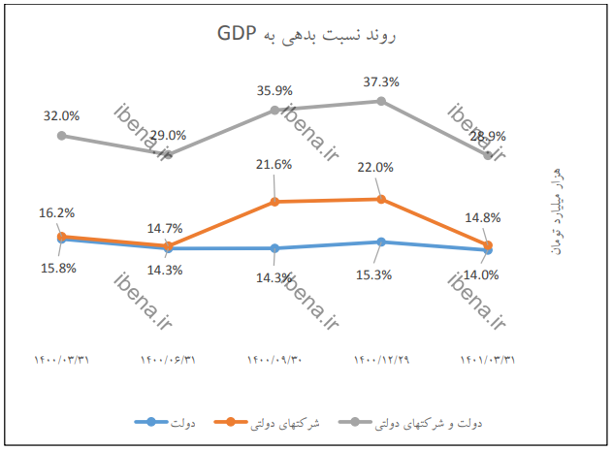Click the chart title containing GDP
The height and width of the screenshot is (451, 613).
[x=307, y=36]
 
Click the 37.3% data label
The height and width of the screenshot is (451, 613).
[x=381, y=81]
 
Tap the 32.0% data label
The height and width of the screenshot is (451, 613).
[x=61, y=115]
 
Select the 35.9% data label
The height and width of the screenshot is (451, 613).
[x=274, y=90]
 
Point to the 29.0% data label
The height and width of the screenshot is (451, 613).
[x=168, y=135]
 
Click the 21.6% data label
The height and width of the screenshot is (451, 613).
[x=274, y=165]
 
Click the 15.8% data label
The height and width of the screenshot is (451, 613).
[x=57, y=268]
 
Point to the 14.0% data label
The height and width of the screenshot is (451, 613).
[x=481, y=274]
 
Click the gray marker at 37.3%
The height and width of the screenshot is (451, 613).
[x=381, y=101]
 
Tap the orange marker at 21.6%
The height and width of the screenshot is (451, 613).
[x=274, y=202]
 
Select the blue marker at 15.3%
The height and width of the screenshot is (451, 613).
[x=381, y=242]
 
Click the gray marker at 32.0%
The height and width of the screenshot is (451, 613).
[x=61, y=135]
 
